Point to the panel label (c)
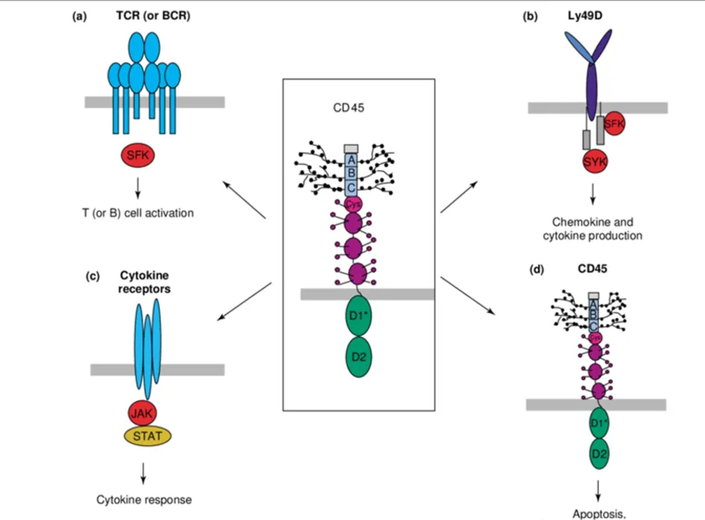pos(91,276)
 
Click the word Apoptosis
pos(598,514)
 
